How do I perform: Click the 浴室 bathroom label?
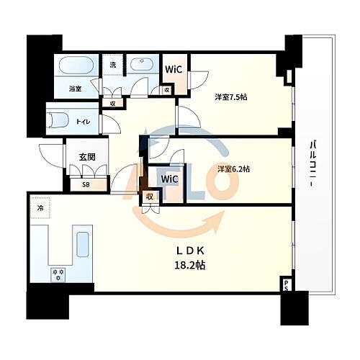[x=74, y=89]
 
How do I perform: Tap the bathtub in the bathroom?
[x=75, y=67]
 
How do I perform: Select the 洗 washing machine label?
[x=112, y=65]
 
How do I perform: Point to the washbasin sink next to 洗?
[x=141, y=64]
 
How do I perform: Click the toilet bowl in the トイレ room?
[x=60, y=120]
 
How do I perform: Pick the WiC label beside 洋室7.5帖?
[x=175, y=70]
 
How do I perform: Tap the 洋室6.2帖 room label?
[x=233, y=169]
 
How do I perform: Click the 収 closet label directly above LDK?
[x=150, y=197]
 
